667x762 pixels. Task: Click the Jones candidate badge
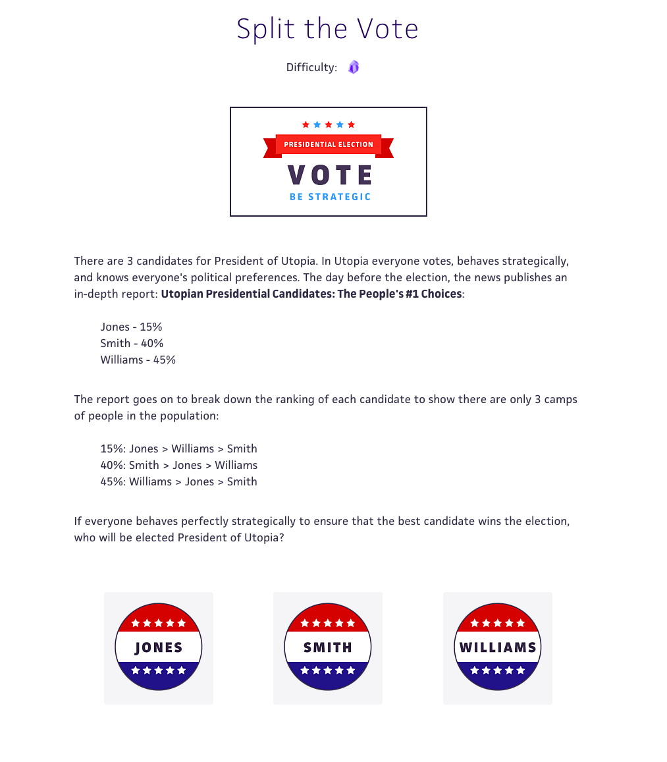pos(159,647)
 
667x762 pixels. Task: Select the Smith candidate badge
pos(328,647)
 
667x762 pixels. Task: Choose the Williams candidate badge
pos(498,647)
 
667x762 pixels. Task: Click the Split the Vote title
pos(327,29)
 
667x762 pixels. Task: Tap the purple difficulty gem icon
pos(354,67)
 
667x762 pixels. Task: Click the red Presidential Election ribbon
pos(328,144)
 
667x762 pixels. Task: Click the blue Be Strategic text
pos(331,197)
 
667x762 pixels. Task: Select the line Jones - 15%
pos(131,327)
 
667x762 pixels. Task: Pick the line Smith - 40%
pos(132,343)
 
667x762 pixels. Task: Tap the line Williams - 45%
pos(138,360)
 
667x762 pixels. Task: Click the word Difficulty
pos(311,67)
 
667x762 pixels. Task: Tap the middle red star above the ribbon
pos(328,124)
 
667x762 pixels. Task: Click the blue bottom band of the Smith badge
pos(328,675)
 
